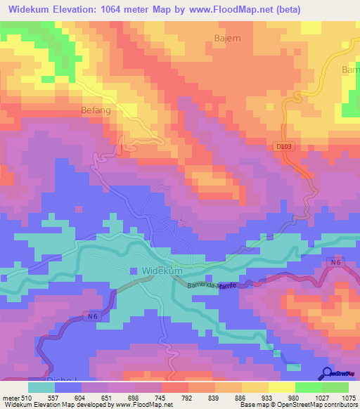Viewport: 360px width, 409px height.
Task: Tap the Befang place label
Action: click(96, 110)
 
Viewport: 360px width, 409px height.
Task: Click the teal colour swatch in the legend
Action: click(41, 387)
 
